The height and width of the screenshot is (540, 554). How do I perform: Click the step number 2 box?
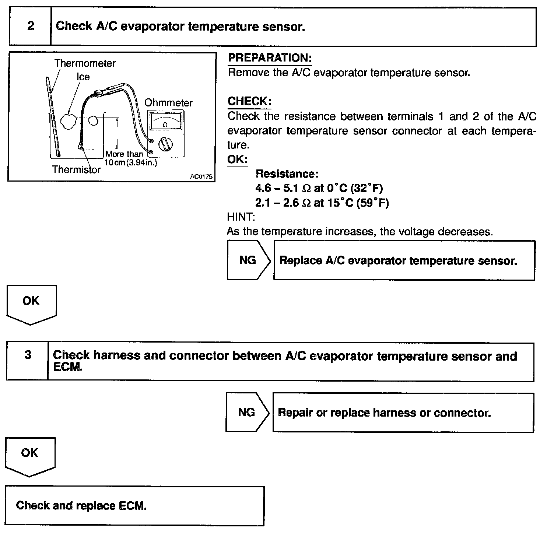[x=30, y=27]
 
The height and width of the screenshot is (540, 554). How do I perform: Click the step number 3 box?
[x=28, y=361]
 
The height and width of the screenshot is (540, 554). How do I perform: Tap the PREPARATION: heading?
[x=270, y=58]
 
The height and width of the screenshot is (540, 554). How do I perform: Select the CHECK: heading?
[x=249, y=101]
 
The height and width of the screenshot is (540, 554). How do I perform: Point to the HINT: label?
[x=241, y=217]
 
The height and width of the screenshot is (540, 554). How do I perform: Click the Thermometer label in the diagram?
[x=85, y=63]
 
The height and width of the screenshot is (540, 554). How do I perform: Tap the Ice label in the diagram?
[x=83, y=77]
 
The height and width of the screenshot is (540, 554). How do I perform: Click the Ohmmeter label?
[x=168, y=103]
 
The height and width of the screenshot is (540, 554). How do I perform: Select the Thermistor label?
[x=76, y=169]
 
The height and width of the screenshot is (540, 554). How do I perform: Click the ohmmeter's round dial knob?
[x=165, y=144]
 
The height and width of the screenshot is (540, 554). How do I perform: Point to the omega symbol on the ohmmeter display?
[x=165, y=125]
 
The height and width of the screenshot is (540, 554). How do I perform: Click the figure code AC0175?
[x=201, y=176]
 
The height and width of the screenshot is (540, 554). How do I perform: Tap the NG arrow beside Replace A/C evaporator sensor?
[x=248, y=260]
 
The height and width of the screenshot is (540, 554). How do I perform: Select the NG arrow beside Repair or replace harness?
[x=247, y=412]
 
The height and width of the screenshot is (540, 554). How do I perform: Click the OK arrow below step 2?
[x=31, y=304]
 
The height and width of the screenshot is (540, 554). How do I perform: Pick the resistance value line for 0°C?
[x=319, y=188]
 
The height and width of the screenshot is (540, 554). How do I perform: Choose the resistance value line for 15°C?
[x=322, y=203]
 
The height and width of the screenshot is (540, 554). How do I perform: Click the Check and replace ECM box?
[x=134, y=505]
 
